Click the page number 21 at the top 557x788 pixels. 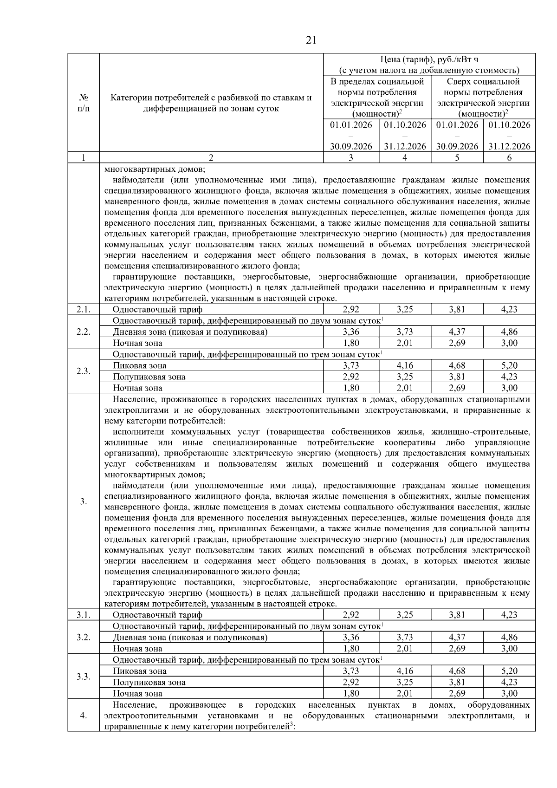click(x=311, y=40)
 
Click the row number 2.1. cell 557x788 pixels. click(x=84, y=309)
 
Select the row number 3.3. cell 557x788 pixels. click(x=84, y=677)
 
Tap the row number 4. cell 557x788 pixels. click(x=84, y=716)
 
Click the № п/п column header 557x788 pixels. click(x=84, y=103)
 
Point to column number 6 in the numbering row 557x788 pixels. click(x=509, y=158)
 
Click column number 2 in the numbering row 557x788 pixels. click(x=211, y=158)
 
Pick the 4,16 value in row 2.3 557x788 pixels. click(x=405, y=365)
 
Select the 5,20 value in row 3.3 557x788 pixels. click(x=509, y=671)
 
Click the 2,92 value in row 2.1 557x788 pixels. click(x=351, y=309)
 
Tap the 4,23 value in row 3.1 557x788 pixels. click(x=509, y=615)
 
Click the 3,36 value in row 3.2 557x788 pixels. click(x=351, y=638)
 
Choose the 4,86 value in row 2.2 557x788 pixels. click(x=509, y=332)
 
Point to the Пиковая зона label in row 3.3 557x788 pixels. click(x=140, y=671)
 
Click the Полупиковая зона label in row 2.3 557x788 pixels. click(x=149, y=377)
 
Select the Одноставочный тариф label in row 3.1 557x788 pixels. click(x=157, y=615)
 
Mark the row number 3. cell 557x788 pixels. click(x=84, y=501)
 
